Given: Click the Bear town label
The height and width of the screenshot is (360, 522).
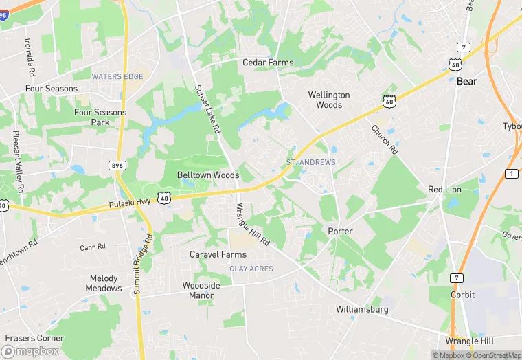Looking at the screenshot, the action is (467, 81).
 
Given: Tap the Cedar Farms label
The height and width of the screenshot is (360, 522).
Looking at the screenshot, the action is (268, 63).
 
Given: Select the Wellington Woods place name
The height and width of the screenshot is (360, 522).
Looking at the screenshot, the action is (329, 100).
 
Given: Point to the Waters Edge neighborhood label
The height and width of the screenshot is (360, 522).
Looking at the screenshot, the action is (117, 77).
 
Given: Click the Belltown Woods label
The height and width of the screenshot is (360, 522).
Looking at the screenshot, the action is (208, 175).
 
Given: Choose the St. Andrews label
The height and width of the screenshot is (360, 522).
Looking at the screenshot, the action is (311, 162).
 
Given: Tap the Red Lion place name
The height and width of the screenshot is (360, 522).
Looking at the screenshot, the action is (444, 189).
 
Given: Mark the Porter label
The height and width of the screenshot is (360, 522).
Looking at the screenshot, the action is (340, 231).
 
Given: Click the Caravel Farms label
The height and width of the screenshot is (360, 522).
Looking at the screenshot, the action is (218, 254).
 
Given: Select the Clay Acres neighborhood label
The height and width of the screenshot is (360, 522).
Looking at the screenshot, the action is (251, 269).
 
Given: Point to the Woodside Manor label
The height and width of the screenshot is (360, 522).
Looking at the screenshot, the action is (201, 291).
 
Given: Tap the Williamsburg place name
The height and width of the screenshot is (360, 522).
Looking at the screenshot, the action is (362, 309).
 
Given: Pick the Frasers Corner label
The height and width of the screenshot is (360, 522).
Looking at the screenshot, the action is (34, 338).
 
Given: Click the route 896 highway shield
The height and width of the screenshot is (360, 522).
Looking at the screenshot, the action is (117, 165).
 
